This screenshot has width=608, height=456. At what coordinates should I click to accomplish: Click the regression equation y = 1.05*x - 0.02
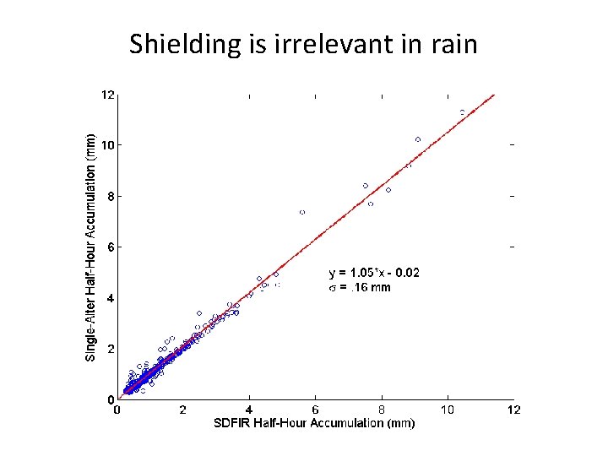(x=373, y=273)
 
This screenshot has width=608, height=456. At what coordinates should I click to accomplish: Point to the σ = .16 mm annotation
(x=360, y=287)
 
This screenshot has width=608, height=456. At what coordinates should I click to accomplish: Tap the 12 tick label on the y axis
(x=107, y=95)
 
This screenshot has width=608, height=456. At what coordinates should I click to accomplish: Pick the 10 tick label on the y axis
(x=107, y=145)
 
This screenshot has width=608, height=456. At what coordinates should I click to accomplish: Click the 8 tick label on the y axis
(x=110, y=196)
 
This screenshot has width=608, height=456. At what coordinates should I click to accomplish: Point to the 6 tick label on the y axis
(x=110, y=247)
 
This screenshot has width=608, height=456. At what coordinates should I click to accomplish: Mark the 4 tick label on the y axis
(x=110, y=298)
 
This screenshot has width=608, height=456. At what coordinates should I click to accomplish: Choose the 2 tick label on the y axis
(x=110, y=349)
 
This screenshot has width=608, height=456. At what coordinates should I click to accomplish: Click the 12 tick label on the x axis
(x=513, y=410)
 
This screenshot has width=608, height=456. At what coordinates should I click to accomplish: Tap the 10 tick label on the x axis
(x=448, y=410)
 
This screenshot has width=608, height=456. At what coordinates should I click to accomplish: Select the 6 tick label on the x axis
(x=316, y=410)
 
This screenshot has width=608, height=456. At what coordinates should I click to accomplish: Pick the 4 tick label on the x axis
(x=249, y=410)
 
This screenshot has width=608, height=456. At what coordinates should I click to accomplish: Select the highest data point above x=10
(x=462, y=111)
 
